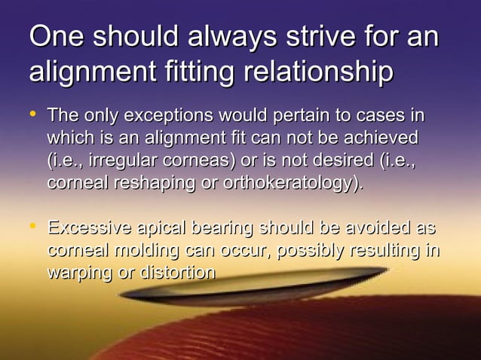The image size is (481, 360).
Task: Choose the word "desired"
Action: [332, 161]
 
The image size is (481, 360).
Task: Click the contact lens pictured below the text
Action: [249, 290]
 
